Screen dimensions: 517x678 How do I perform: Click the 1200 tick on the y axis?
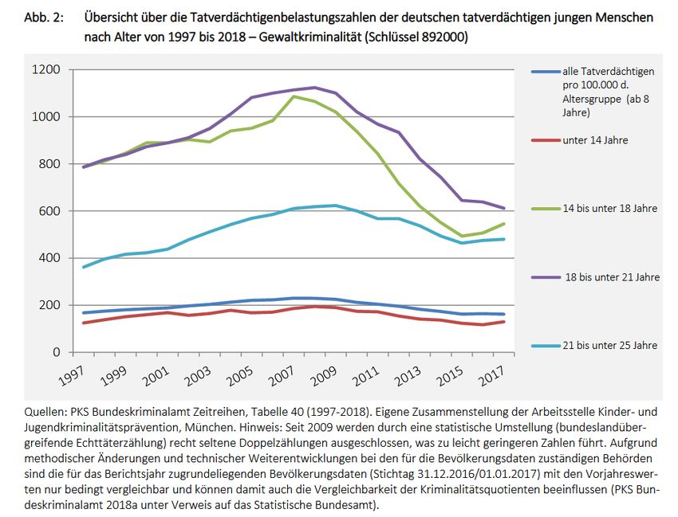pyautogui.click(x=47, y=70)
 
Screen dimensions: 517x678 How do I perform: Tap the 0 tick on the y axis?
pyautogui.click(x=57, y=352)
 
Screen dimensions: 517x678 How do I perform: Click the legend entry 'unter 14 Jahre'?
pyautogui.click(x=595, y=140)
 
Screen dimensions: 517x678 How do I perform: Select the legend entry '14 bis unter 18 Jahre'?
pyautogui.click(x=609, y=209)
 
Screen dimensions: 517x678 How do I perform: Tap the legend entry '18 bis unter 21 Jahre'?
pyautogui.click(x=611, y=277)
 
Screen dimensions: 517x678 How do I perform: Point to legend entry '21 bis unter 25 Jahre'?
pyautogui.click(x=610, y=346)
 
